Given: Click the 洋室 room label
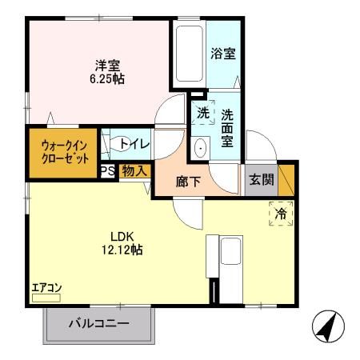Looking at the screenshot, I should pos(108,66).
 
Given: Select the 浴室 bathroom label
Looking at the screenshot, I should pos(222,54).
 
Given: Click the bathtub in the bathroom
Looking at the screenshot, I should pos(189,54).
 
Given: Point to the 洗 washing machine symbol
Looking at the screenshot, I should pos(203,113).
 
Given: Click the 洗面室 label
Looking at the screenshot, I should pos(227,126).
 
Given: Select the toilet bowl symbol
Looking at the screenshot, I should pos(122,144).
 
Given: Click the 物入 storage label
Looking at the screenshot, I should pos(134,170).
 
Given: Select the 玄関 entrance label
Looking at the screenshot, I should pos(260,178).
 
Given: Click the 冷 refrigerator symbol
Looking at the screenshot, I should pos(281,214).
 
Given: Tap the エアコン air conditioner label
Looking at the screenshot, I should pos(46,287).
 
